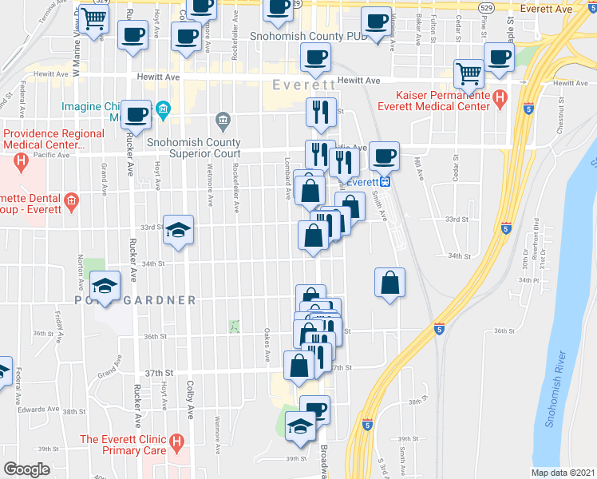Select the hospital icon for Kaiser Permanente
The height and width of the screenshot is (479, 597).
tap(500, 99)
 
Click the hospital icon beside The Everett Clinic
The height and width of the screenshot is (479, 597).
tap(177, 440)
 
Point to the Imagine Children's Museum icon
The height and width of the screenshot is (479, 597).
tap(164, 109)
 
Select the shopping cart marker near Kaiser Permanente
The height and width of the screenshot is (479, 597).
tap(469, 73)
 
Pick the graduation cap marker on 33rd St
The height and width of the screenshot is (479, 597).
tap(178, 230)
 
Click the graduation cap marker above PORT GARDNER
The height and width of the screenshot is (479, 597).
tap(105, 285)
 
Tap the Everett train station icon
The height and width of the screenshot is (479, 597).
tap(385, 181)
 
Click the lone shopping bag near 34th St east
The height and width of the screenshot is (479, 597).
tap(389, 282)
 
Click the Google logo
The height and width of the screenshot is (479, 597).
tap(27, 469)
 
